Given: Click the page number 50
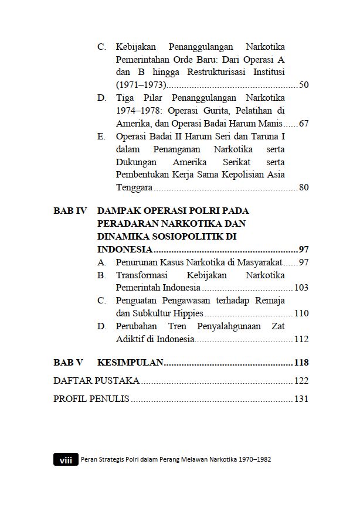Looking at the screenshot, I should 304,86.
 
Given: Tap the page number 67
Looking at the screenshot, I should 304,124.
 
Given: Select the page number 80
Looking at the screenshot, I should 304,187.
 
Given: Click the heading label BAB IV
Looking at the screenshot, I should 70,211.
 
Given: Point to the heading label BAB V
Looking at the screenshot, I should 68,363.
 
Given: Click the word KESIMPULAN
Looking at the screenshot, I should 130,363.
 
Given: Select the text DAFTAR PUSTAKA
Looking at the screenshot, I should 96,381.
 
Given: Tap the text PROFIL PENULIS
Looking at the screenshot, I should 91,400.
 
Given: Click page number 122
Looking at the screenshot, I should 301,381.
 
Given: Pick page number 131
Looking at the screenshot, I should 301,400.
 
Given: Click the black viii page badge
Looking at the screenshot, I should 65,460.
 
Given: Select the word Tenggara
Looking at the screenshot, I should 134,187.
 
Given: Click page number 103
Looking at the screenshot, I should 301,288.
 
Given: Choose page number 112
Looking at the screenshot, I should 301,339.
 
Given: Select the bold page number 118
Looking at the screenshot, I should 301,363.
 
